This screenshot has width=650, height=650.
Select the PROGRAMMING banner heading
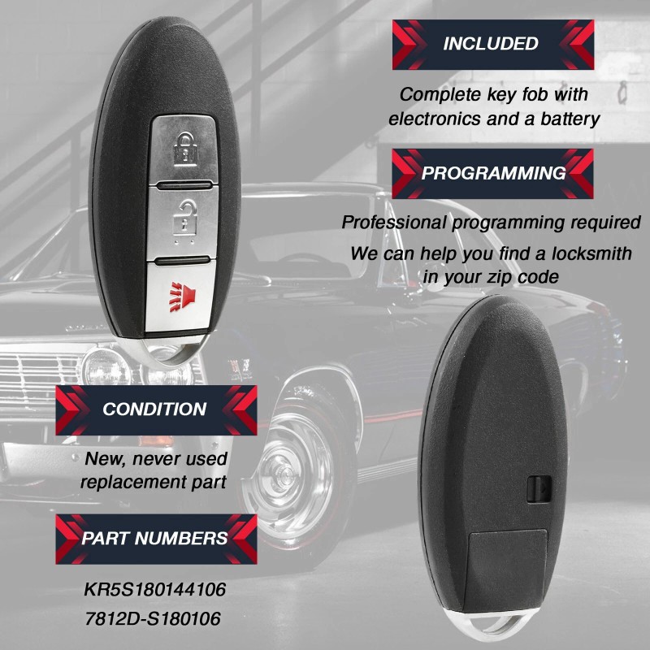click(493, 173)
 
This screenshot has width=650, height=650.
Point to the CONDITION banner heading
click(154, 409)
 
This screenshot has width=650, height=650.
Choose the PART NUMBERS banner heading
click(154, 538)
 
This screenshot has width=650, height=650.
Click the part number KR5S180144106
click(154, 587)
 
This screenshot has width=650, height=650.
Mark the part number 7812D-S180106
click(152, 619)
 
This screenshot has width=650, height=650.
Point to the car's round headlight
click(102, 367)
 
